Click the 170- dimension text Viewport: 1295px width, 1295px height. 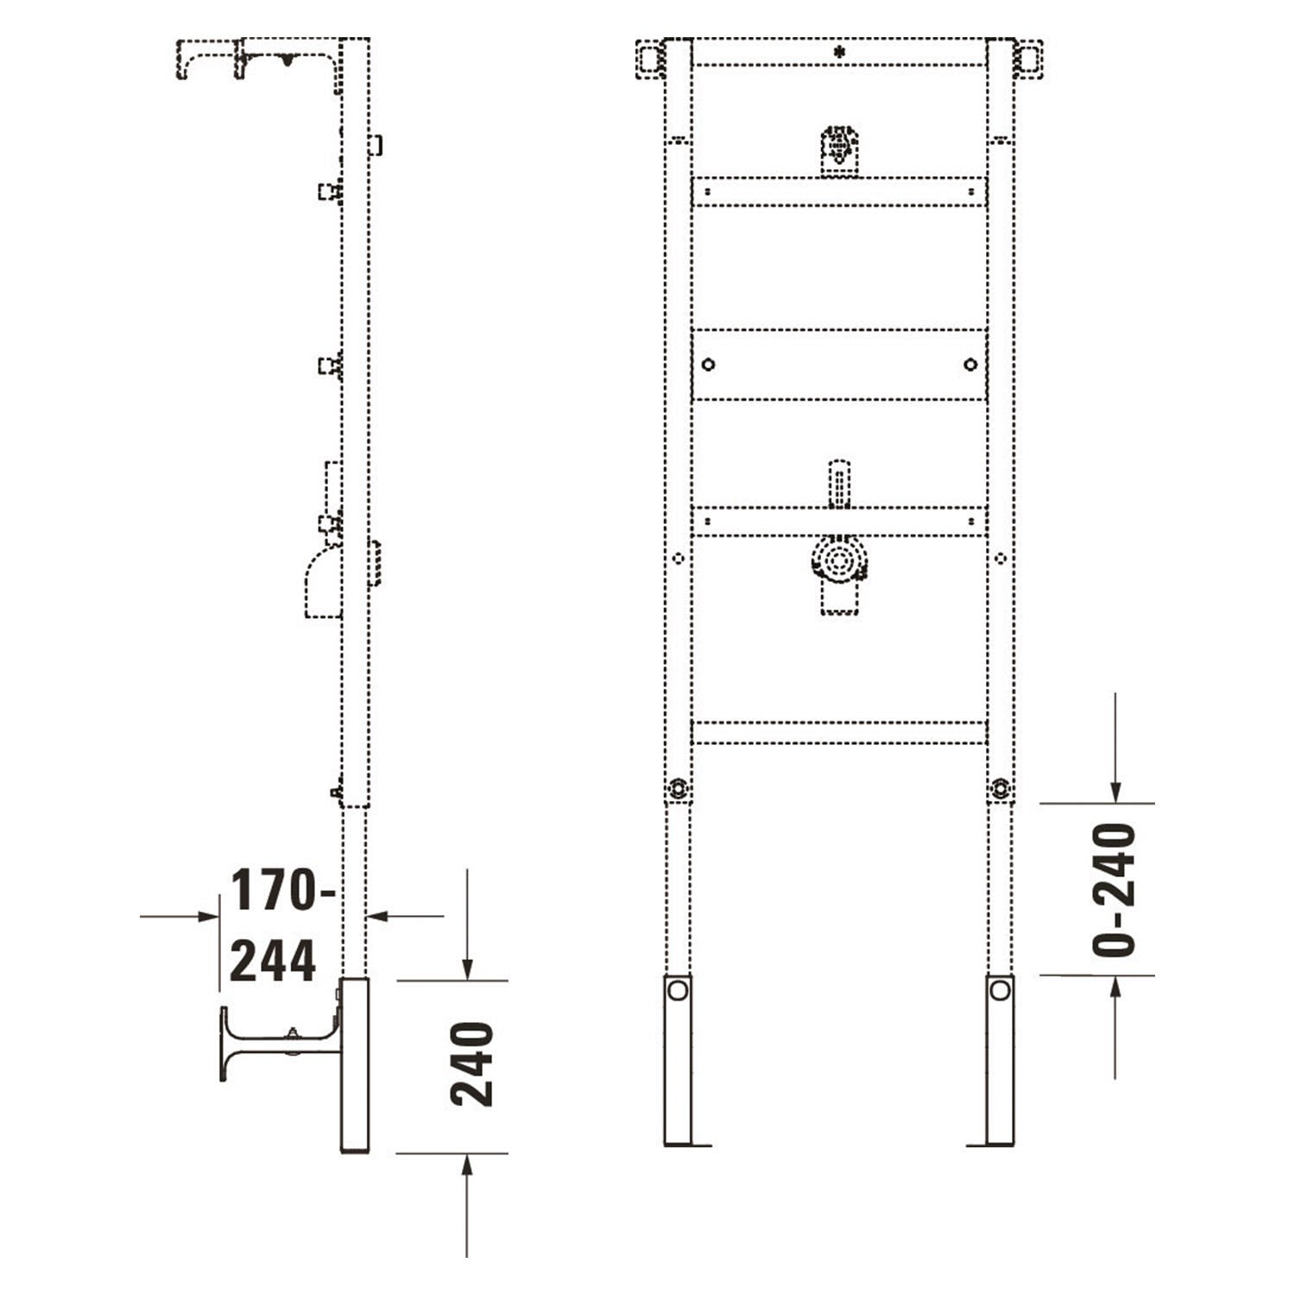(283, 890)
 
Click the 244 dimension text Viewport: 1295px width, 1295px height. (273, 961)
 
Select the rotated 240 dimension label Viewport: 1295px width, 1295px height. (472, 1064)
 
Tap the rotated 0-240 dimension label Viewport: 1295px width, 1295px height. (1114, 890)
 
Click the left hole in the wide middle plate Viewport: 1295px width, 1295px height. (708, 364)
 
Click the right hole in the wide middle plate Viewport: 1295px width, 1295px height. (970, 364)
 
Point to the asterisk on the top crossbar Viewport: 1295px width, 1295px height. (839, 52)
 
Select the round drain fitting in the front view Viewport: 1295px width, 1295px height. (838, 561)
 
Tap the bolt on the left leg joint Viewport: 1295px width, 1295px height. (679, 787)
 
